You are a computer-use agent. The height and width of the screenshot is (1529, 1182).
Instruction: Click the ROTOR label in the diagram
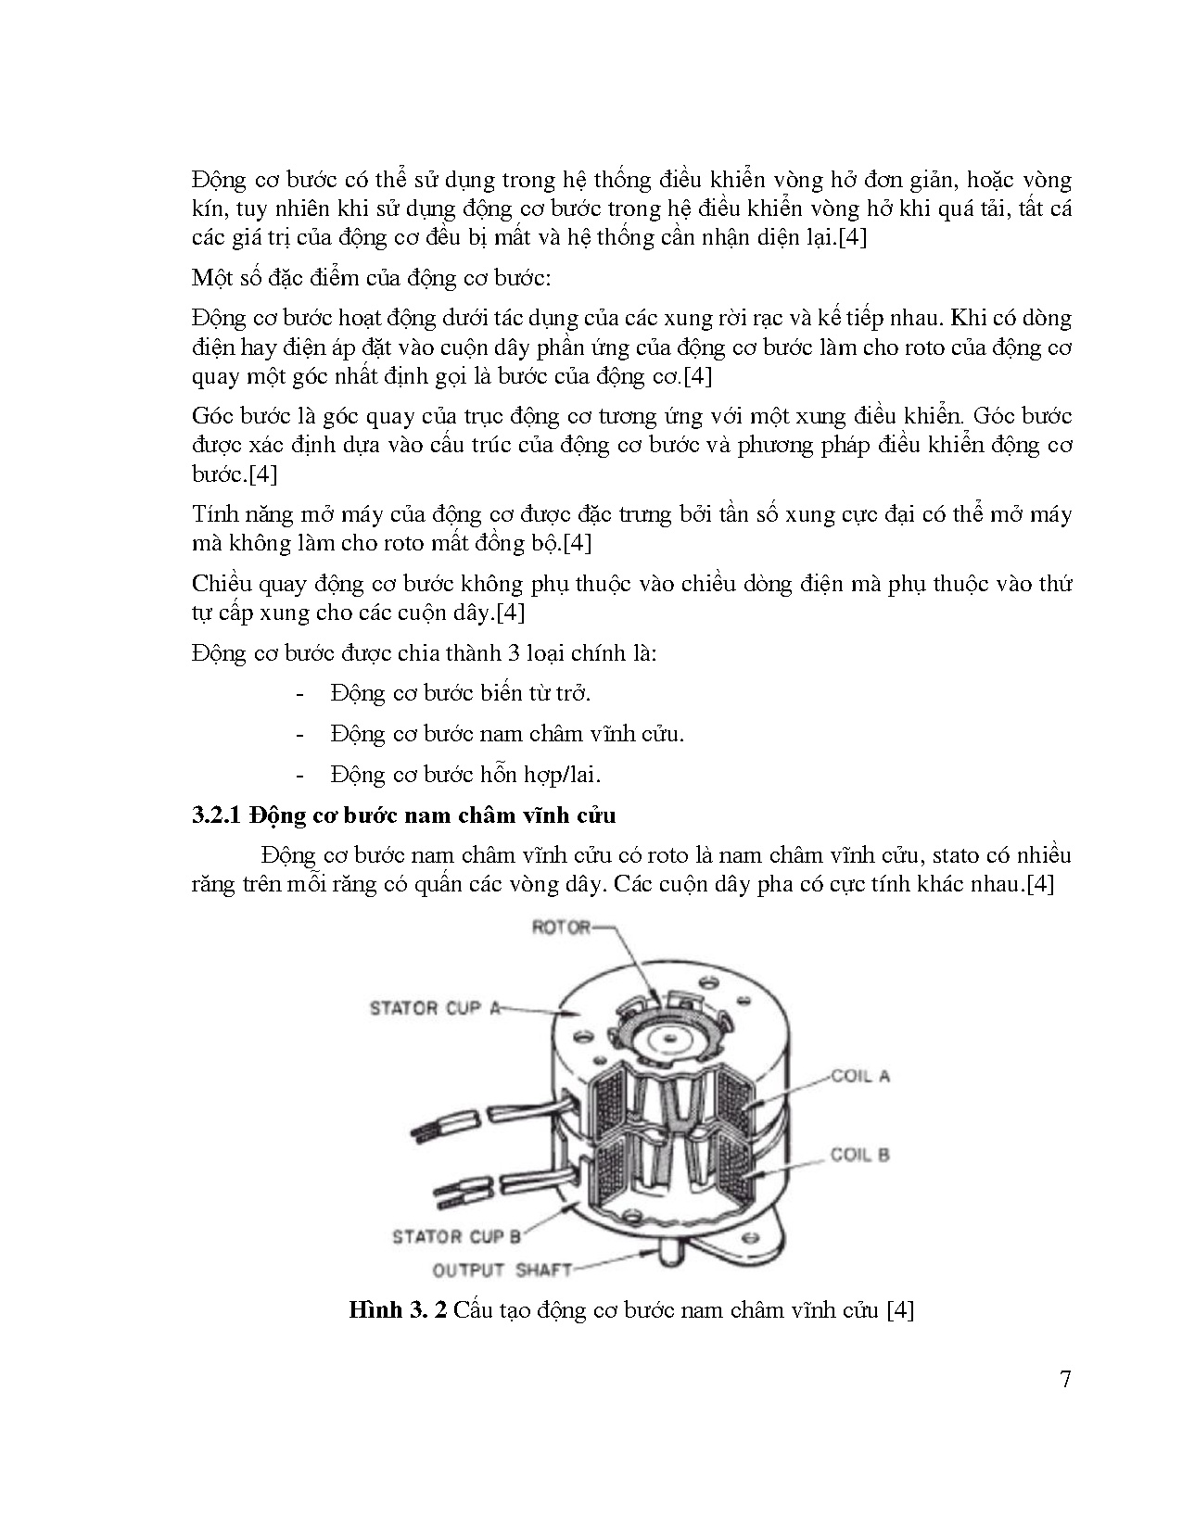(x=560, y=927)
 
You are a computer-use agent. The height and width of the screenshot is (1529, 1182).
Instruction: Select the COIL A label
(x=859, y=1076)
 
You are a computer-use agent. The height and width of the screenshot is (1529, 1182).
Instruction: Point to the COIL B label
(x=859, y=1155)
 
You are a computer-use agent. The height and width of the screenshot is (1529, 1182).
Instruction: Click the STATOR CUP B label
(x=457, y=1236)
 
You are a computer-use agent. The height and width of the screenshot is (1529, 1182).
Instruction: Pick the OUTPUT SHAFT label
(x=502, y=1270)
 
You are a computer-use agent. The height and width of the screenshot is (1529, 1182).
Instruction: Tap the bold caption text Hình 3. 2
(x=399, y=1310)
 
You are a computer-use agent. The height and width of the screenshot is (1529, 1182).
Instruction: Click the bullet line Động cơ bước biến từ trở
(x=460, y=692)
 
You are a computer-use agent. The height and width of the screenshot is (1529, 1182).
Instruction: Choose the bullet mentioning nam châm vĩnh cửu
(x=506, y=733)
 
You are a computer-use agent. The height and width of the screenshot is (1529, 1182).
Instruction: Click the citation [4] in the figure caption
(x=900, y=1310)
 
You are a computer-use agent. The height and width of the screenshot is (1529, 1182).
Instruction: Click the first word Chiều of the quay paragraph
(x=222, y=584)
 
